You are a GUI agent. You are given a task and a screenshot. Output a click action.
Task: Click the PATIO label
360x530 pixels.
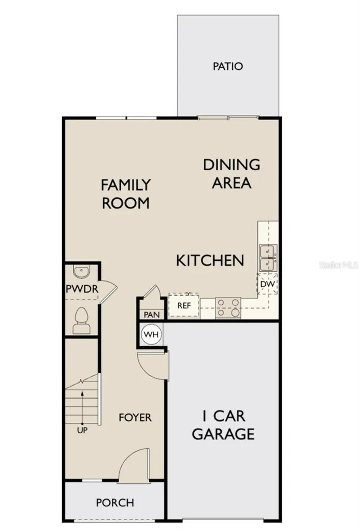[228, 67]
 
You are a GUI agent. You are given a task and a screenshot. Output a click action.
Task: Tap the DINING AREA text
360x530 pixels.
[232, 173]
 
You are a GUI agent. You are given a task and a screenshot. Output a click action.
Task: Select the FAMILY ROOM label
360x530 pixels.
[125, 193]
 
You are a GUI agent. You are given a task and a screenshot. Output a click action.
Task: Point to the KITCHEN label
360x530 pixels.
[210, 260]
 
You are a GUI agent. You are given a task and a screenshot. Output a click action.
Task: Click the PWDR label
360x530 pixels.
[82, 289]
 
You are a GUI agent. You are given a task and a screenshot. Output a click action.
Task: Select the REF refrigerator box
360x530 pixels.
[184, 305]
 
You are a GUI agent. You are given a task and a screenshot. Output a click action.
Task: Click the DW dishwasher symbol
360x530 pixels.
[267, 284]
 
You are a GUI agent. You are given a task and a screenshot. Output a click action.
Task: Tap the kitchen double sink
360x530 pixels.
[267, 257]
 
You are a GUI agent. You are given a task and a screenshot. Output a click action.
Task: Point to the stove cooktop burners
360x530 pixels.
[228, 307]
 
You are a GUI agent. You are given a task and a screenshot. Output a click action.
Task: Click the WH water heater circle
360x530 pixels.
[151, 334]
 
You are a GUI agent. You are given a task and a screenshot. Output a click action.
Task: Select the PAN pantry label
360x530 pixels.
[151, 314]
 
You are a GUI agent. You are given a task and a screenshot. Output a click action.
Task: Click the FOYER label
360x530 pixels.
[135, 417]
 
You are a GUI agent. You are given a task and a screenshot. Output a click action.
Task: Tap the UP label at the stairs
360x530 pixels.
[81, 430]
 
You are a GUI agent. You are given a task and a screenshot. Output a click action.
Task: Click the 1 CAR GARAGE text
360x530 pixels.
[223, 424]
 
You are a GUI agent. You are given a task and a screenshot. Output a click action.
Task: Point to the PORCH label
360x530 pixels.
[115, 503]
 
